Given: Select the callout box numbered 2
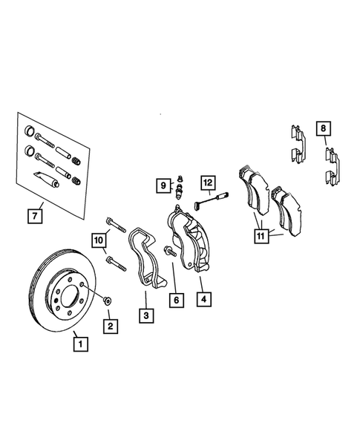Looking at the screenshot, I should point(109,325).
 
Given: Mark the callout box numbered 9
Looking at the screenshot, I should point(162,185).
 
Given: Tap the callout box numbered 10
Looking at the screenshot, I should point(99,239).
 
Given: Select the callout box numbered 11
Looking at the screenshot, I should point(261,237).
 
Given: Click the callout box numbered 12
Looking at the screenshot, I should point(206,182).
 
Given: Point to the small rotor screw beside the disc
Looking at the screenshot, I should point(107,300).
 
